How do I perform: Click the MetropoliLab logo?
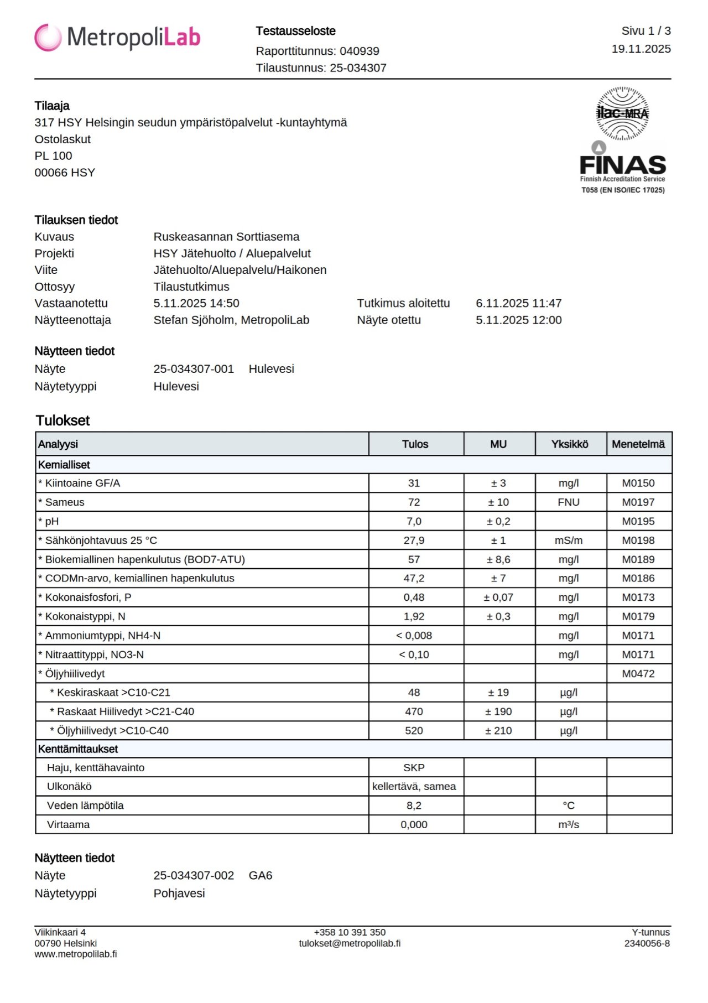(117, 38)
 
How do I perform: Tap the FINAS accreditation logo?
(623, 166)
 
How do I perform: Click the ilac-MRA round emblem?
(622, 113)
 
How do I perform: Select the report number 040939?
(359, 51)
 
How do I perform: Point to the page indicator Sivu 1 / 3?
(645, 31)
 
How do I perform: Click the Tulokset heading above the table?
(63, 420)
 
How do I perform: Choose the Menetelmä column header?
(638, 444)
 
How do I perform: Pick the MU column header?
(498, 444)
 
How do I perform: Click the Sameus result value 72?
(414, 502)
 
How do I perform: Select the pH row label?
(51, 521)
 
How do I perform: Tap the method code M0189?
(638, 559)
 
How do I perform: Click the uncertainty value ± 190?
(498, 711)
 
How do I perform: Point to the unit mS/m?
(569, 541)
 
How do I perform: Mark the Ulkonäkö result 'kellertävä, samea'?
(414, 786)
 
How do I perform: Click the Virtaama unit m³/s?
(569, 824)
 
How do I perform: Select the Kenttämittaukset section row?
(78, 749)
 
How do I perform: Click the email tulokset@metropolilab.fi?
(350, 943)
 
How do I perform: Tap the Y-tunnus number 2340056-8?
(647, 943)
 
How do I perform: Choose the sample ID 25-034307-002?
(194, 875)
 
